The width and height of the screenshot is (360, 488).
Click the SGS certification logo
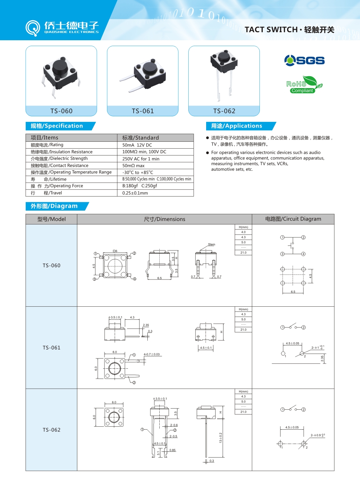pos(304,60)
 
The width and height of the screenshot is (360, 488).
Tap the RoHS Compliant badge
pos(304,85)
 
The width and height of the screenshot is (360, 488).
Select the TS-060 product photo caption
pos(61,111)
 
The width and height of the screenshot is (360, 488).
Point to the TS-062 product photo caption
pos(224,111)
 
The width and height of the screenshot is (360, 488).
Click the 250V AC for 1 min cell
pos(141,159)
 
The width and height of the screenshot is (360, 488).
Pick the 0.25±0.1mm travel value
pos(135,193)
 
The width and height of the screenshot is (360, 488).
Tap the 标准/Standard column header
pos(140,138)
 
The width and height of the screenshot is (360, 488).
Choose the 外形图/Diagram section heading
pos(54,206)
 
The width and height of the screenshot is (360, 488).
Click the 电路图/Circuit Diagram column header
pos(293,219)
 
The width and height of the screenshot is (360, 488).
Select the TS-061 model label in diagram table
pos(52,348)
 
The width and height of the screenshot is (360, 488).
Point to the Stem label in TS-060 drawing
pos(212,244)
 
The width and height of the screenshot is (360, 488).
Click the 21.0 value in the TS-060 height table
pos(243,253)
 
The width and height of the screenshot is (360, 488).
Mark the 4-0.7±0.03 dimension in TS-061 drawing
pos(152,354)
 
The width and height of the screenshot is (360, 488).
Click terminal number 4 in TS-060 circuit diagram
pos(303,254)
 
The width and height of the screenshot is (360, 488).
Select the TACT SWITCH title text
pos(271,30)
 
